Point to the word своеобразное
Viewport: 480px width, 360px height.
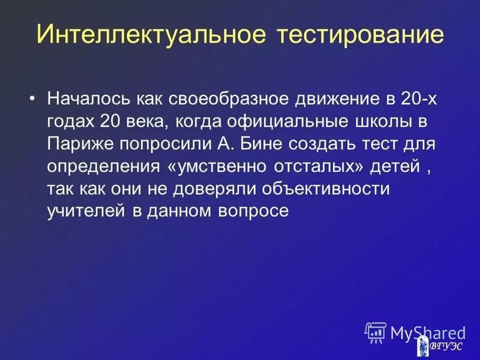pyautogui.click(x=226, y=99)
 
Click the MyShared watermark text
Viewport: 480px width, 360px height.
pyautogui.click(x=427, y=332)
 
